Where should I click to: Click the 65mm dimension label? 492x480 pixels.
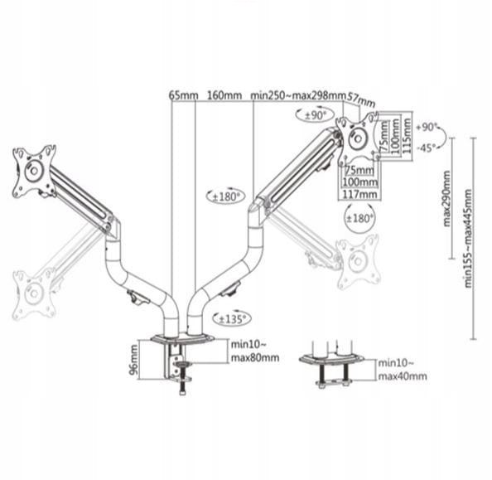(x=184, y=95)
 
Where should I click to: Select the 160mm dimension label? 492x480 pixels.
(x=224, y=95)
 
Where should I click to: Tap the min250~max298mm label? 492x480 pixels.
(x=298, y=95)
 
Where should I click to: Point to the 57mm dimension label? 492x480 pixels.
(x=360, y=99)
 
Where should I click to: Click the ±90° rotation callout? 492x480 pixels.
(x=315, y=115)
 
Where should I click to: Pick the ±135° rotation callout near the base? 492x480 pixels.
(x=232, y=319)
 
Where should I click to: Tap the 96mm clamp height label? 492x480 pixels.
(x=133, y=360)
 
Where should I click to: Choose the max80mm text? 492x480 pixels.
(x=255, y=358)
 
